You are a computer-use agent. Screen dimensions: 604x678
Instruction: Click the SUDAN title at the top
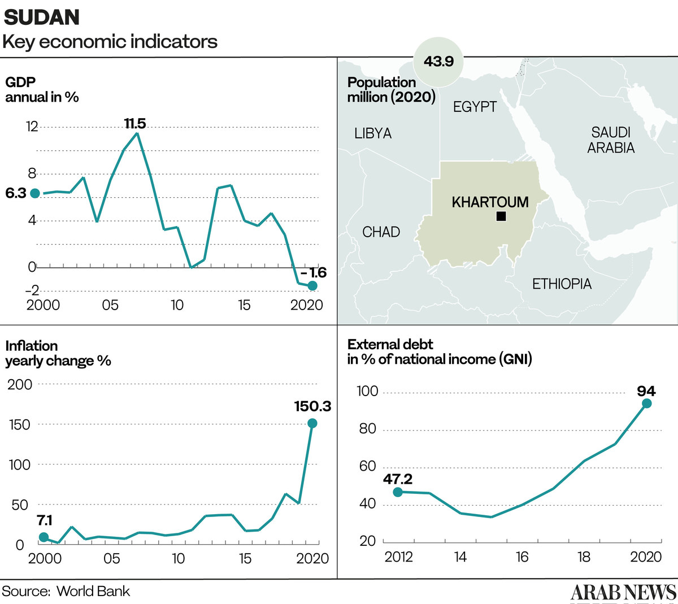[x=42, y=17]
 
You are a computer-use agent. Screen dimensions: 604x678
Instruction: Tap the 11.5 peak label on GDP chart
[x=135, y=123]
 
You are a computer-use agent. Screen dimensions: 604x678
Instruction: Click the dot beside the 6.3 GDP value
[x=35, y=193]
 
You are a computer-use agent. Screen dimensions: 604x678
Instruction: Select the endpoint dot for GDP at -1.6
[x=312, y=286]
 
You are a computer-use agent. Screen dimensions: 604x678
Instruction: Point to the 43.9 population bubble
[x=438, y=62]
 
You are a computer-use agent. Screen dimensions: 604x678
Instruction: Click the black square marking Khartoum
[x=501, y=216]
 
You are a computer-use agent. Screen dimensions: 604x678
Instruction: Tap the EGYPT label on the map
[x=475, y=107]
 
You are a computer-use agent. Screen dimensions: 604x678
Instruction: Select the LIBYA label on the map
[x=373, y=133]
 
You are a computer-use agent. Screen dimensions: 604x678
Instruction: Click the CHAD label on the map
[x=381, y=232]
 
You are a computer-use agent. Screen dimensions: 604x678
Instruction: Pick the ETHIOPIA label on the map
[x=562, y=284]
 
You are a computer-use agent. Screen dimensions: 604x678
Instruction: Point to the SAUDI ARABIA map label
[x=611, y=140]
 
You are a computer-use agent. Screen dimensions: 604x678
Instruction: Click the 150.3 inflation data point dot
[x=312, y=423]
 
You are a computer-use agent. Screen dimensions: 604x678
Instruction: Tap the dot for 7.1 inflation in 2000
[x=44, y=537]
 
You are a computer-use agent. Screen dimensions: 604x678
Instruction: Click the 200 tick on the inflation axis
[x=20, y=384]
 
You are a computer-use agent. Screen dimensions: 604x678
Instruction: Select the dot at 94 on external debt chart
[x=647, y=403]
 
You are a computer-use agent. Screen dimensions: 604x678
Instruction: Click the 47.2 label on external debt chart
[x=398, y=479]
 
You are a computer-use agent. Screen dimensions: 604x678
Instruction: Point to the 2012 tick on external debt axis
[x=398, y=557]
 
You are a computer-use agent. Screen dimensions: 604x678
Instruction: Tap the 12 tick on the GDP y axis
[x=32, y=126]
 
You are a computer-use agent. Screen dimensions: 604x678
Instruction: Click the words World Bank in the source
[x=93, y=591]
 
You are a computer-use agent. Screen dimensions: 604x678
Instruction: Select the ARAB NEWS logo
[x=623, y=592]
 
